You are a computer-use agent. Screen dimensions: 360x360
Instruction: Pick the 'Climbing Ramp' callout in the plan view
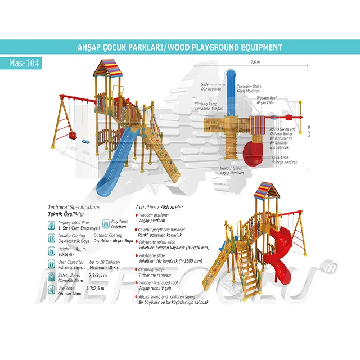click(x=209, y=106)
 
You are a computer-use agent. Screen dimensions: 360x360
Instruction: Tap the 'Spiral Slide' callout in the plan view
click(x=284, y=159)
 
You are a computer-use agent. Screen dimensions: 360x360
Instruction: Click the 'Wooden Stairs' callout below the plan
click(x=232, y=170)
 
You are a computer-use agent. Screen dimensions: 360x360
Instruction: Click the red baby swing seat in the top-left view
click(x=73, y=136)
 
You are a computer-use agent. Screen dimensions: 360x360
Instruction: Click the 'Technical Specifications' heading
click(x=74, y=208)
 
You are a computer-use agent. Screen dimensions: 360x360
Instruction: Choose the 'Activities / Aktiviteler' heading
click(x=160, y=208)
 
